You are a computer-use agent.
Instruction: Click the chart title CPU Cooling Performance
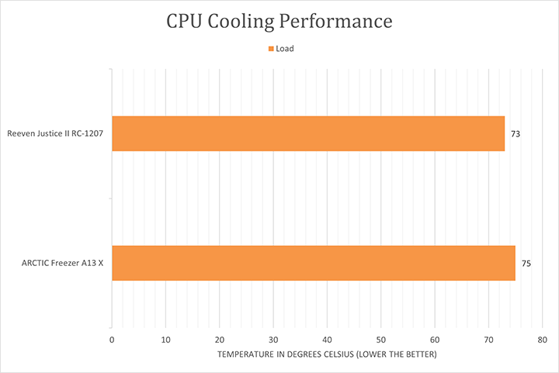(279, 22)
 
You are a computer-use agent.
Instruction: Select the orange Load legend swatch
(271, 49)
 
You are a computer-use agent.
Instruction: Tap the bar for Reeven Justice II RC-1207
(308, 133)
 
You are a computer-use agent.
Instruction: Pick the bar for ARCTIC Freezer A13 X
(314, 263)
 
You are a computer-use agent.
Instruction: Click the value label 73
(515, 134)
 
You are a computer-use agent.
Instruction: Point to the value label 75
(526, 264)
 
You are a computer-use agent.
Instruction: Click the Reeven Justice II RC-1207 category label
(55, 134)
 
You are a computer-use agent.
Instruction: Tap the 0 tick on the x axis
(113, 340)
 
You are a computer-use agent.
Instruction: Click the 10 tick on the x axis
(166, 340)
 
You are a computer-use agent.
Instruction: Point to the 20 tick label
(220, 340)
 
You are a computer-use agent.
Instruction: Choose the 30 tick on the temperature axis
(273, 340)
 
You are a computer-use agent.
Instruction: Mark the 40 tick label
(327, 340)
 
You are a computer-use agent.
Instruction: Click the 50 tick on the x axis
(380, 340)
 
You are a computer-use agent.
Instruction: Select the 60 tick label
(435, 340)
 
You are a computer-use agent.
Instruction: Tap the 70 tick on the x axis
(488, 340)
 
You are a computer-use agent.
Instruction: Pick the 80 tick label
(542, 340)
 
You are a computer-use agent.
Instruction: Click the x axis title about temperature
(327, 354)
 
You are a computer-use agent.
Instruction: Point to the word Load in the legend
(285, 49)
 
